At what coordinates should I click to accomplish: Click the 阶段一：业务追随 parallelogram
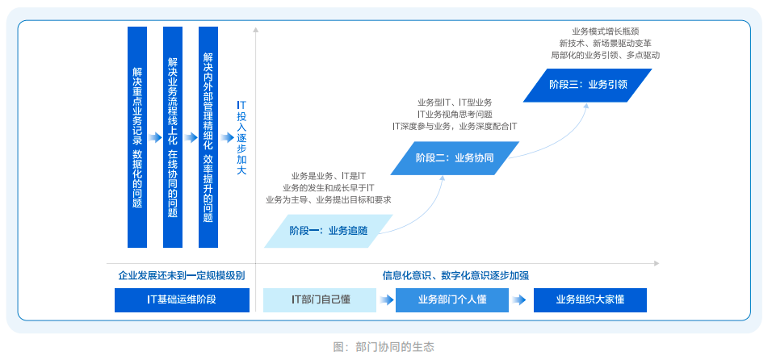328,231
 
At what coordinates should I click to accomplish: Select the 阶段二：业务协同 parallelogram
455,157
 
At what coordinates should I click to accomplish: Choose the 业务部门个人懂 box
452,299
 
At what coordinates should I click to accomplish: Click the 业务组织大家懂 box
590,299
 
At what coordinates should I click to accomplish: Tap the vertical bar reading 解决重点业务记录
137,137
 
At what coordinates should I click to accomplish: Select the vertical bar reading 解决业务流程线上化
173,137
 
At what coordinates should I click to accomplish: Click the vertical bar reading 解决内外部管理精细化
208,137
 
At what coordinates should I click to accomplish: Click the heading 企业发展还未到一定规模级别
181,275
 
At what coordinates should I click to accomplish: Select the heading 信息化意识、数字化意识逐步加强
455,275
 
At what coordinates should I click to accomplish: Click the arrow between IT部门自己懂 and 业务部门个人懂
387,299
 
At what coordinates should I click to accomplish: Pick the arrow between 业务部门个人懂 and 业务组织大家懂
521,299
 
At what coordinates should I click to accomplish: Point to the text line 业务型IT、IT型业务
455,103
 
